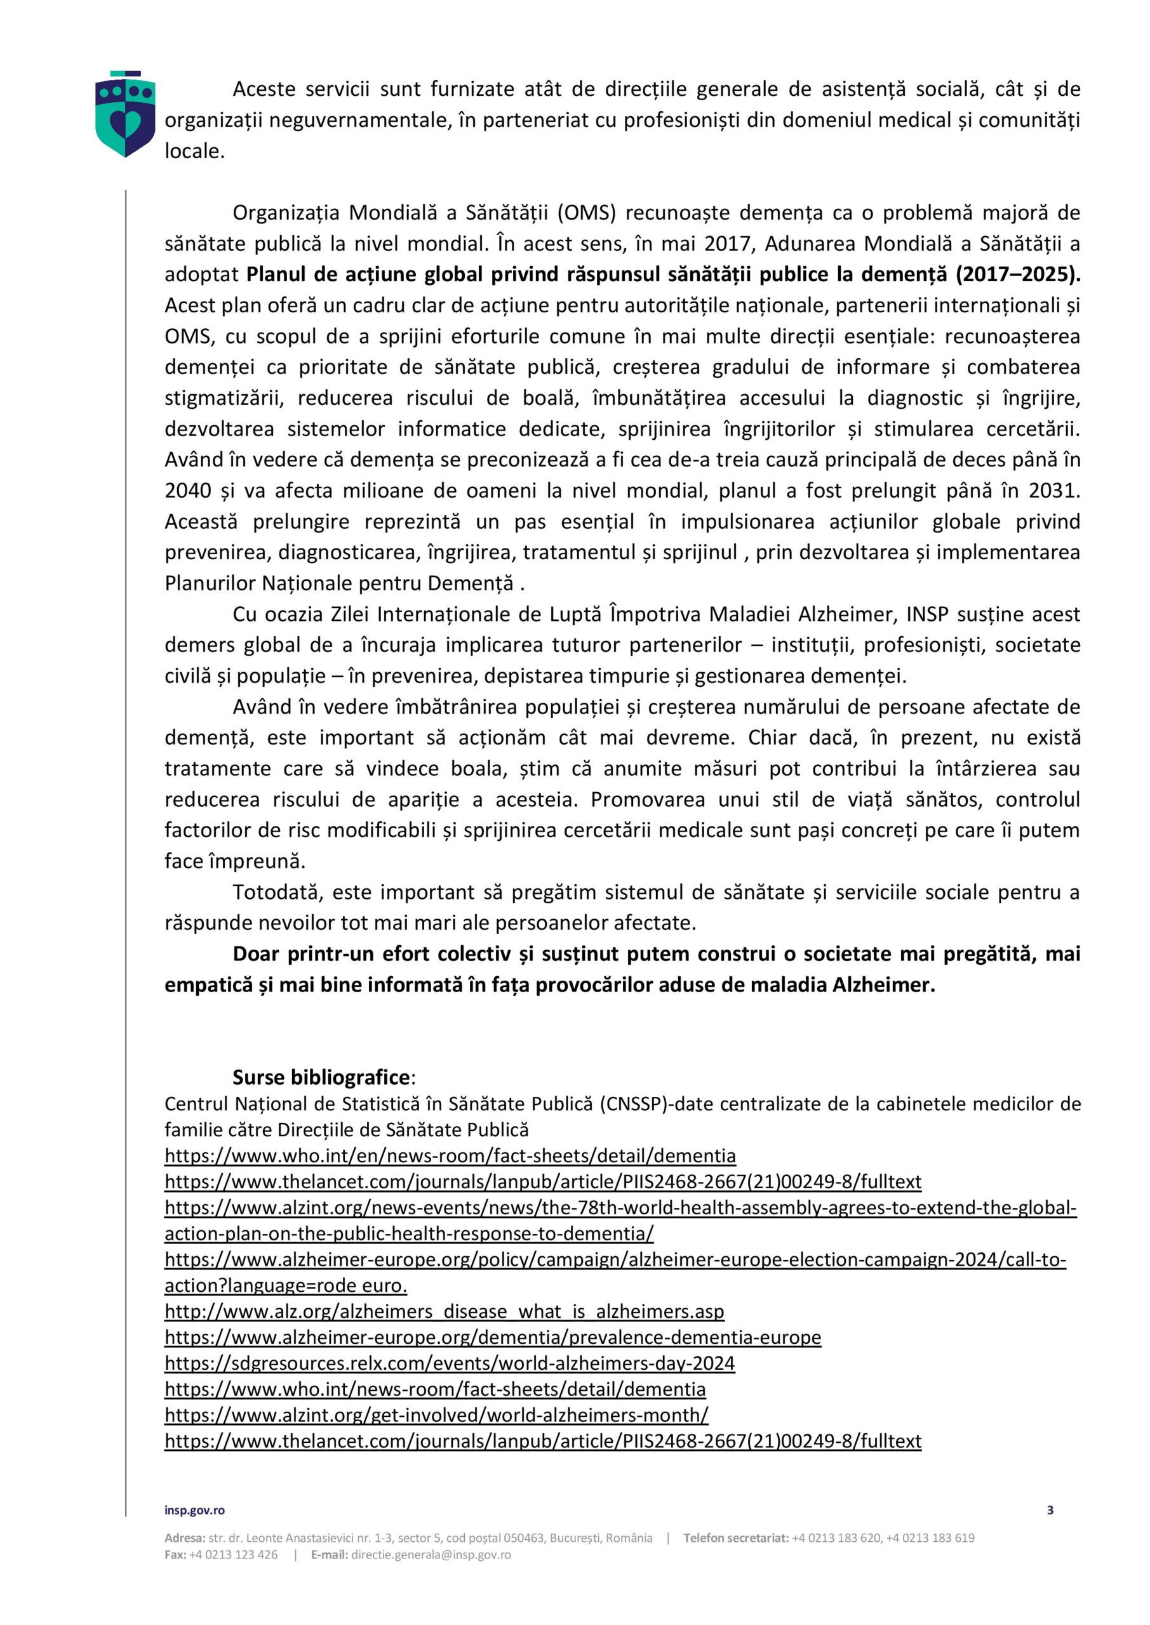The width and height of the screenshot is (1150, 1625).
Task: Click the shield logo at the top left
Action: tap(125, 114)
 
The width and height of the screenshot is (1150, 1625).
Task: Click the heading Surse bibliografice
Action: tap(321, 1077)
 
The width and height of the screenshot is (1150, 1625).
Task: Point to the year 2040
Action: tap(188, 490)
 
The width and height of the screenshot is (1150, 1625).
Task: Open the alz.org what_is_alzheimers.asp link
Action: tap(444, 1311)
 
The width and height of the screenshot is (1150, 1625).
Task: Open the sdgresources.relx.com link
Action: tap(450, 1362)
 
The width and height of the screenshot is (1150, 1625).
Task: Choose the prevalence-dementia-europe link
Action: tap(493, 1337)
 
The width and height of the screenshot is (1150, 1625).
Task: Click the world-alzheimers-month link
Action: tap(436, 1414)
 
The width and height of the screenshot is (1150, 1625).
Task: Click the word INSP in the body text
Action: tap(927, 614)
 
